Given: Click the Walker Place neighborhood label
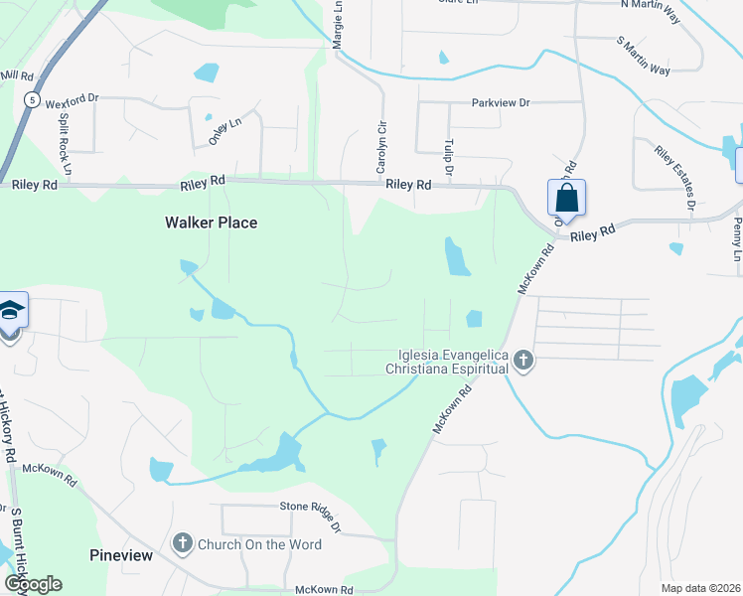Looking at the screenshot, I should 211,223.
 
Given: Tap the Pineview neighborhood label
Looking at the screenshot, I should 121,555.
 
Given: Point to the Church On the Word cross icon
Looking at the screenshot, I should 182,543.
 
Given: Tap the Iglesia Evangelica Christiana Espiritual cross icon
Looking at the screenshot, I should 523,362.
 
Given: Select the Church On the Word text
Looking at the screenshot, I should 259,544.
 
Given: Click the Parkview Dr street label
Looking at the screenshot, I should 502,102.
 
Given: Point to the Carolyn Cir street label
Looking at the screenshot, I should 380,147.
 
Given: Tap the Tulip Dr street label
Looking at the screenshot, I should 449,158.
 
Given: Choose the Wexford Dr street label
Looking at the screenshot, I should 72,98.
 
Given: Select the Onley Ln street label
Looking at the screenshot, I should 225,132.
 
